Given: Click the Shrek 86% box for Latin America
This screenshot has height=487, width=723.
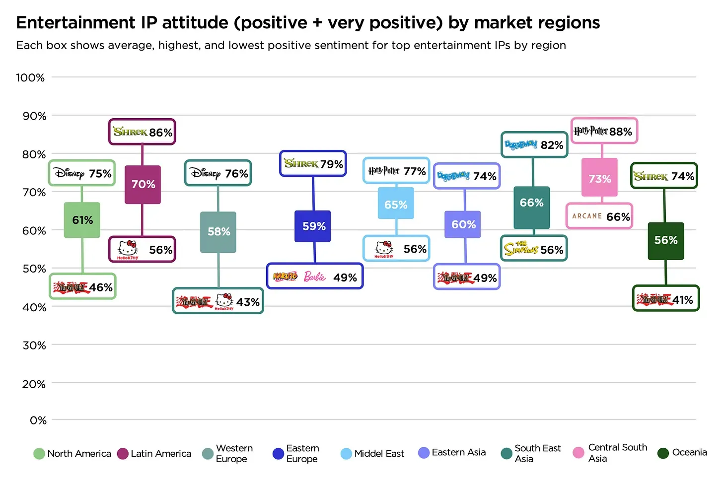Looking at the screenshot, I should pos(142,132).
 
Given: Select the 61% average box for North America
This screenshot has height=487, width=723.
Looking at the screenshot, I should pos(82,220).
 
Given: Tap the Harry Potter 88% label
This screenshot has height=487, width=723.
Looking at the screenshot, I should pos(604,131).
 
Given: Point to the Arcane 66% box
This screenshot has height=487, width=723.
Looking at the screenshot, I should pos(599,216).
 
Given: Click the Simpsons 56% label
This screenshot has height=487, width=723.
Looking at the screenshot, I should pos(534,249).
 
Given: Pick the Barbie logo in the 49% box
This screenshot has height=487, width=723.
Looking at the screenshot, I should pos(315,277).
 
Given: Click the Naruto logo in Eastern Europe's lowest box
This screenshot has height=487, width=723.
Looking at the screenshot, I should pos(285,277).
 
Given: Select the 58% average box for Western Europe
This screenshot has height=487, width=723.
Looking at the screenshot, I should pos(218,232).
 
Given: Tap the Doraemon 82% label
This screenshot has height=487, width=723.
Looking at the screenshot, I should pos(534,145).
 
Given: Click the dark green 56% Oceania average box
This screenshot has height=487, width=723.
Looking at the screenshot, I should pos(665,241).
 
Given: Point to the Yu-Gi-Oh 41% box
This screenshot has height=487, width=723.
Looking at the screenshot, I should pos(665,299).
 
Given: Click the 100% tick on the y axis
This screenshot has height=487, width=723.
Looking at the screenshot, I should pos(30,77).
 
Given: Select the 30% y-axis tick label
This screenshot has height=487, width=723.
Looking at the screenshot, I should pos(34,346).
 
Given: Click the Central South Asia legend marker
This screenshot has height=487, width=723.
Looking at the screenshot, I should pos(578,453).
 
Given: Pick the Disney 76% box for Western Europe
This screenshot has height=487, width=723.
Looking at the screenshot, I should pos(218,173).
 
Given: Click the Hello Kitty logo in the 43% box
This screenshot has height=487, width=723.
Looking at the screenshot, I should pos(224,301).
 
